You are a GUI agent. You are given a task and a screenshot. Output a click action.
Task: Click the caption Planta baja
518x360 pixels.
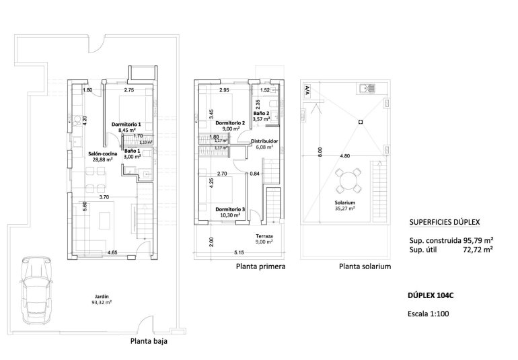tap(148, 341)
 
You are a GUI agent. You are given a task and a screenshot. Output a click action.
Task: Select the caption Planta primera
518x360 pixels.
tap(261, 266)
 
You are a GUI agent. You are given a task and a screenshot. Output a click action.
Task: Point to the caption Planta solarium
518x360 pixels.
tap(365, 266)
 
